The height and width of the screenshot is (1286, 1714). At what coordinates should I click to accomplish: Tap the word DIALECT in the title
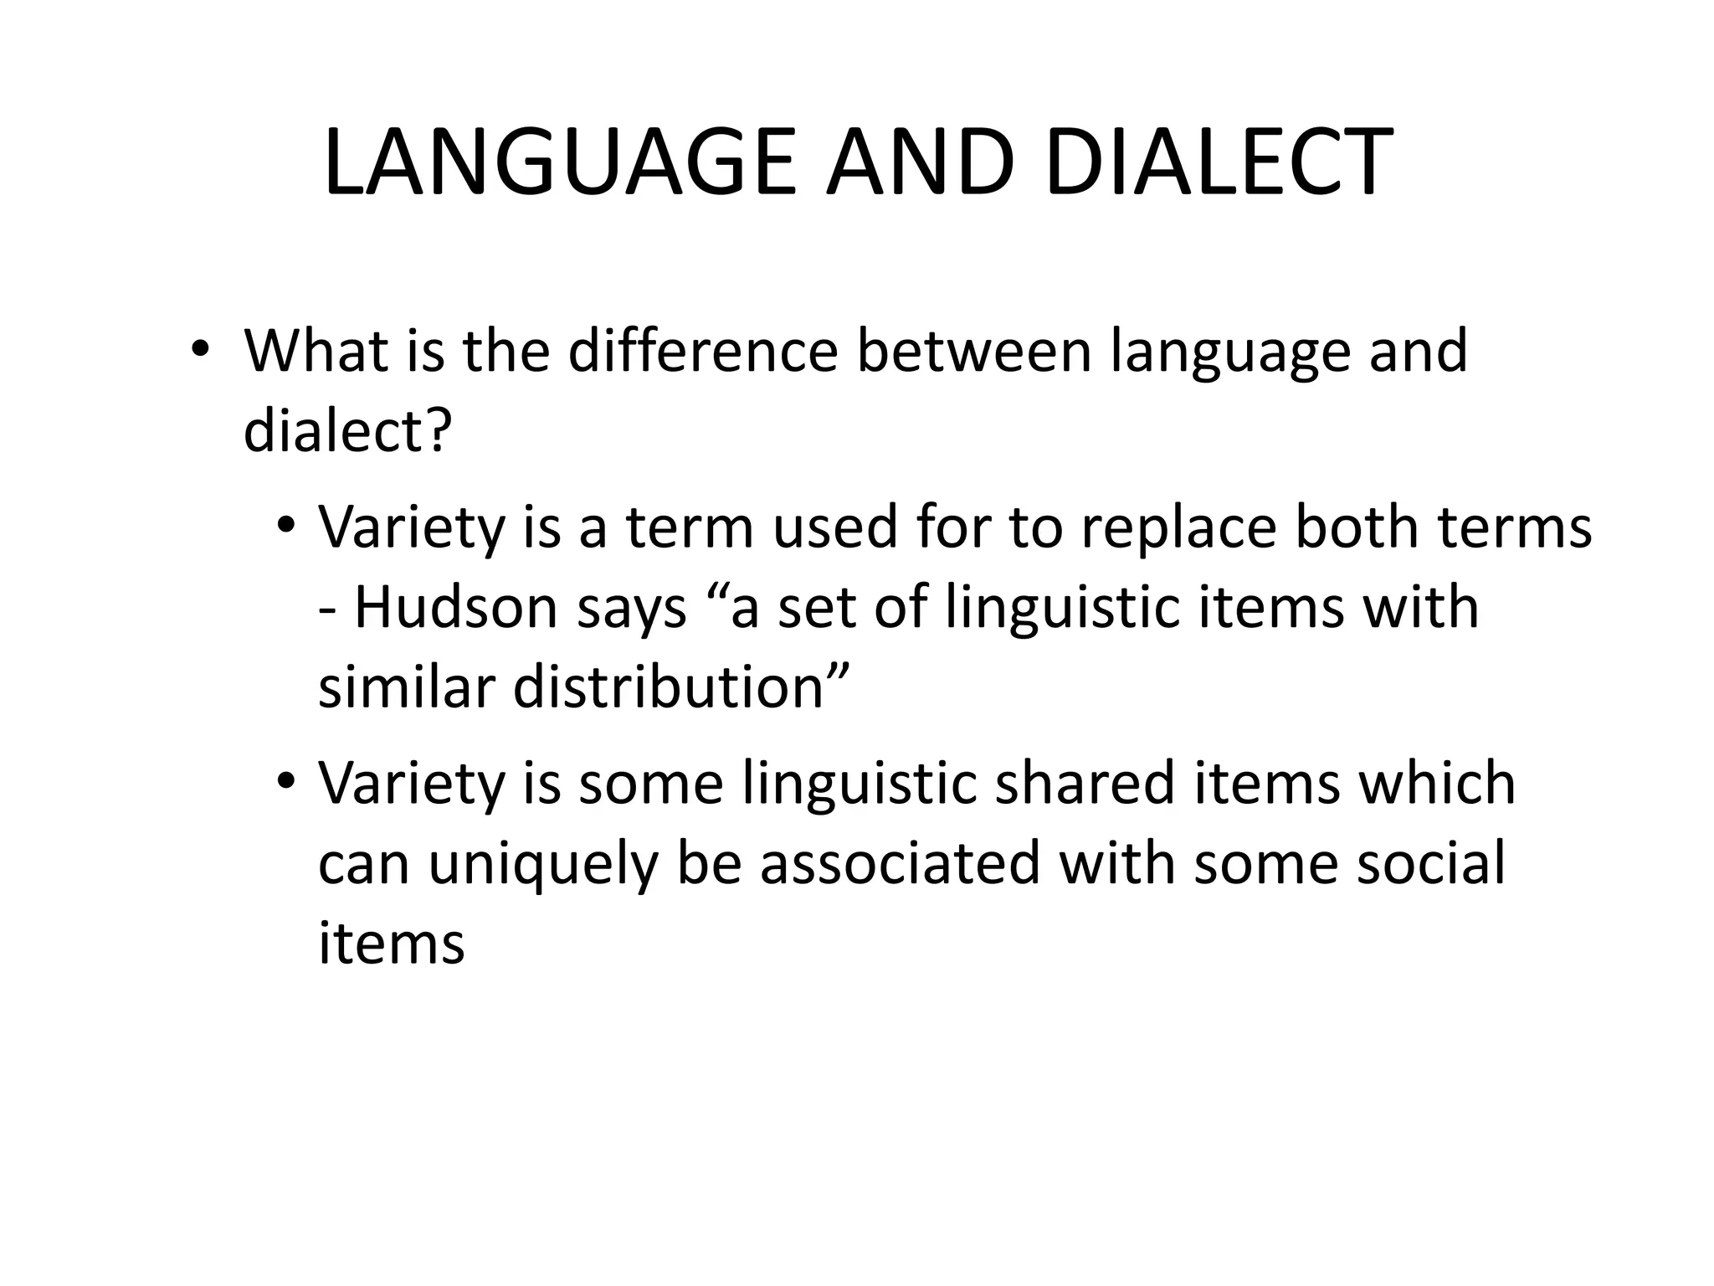pos(1219,163)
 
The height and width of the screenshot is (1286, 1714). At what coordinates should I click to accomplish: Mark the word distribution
pos(670,687)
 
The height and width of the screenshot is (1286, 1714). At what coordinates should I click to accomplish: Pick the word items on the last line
pos(391,944)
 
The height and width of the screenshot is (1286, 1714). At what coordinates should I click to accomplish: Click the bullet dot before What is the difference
pos(198,348)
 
